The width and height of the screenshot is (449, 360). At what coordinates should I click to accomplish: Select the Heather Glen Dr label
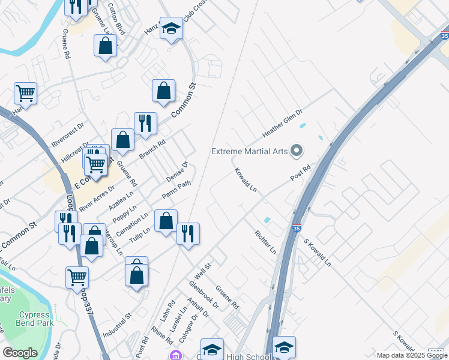[x=282, y=122]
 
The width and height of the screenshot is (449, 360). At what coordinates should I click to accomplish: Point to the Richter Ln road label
[x=265, y=241]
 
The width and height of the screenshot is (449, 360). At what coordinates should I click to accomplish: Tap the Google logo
[x=20, y=353]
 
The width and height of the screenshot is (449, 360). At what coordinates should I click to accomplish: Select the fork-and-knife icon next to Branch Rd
[x=145, y=124]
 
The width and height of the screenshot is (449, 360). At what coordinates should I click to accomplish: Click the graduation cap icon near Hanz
[x=171, y=28]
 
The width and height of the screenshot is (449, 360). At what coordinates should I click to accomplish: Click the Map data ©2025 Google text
[x=411, y=355]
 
